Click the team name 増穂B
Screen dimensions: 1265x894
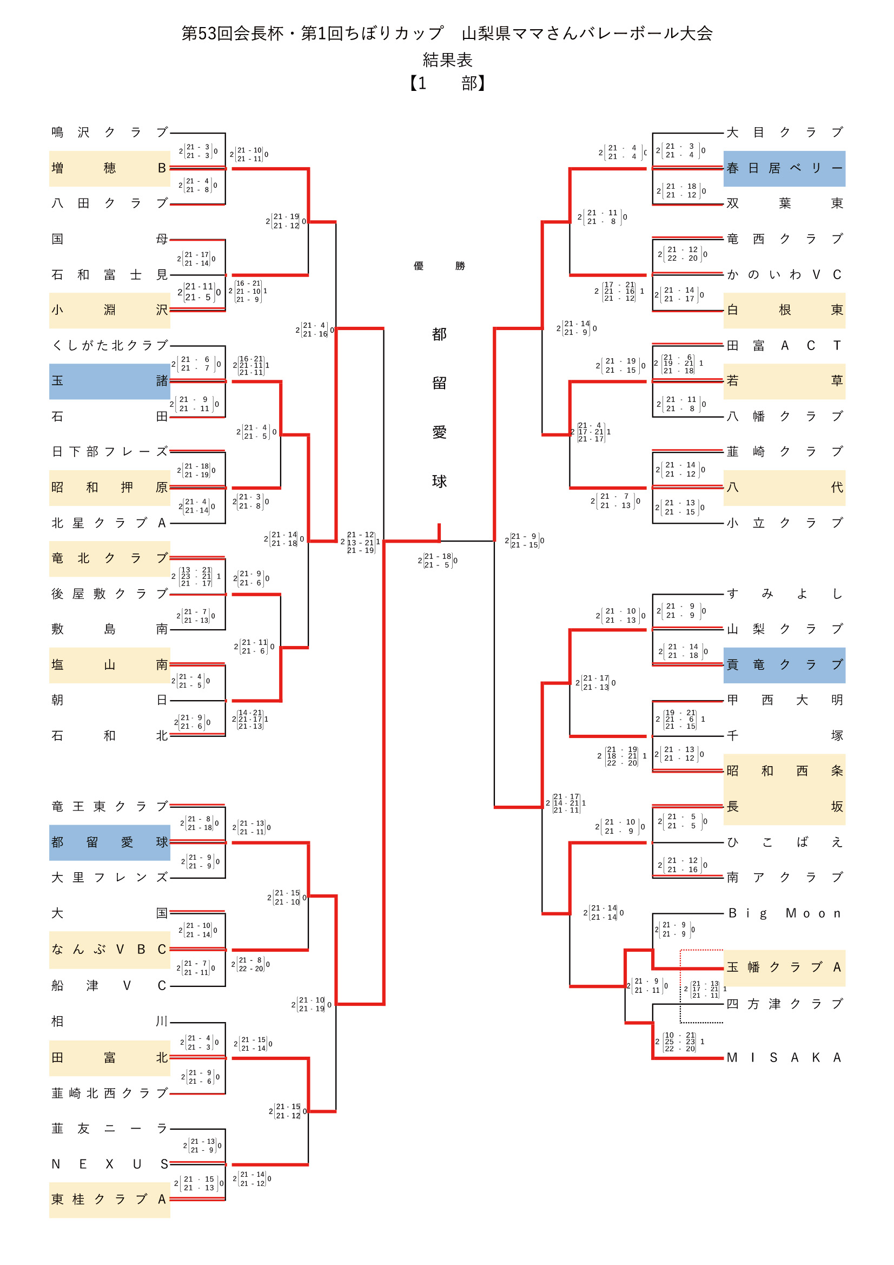click(109, 168)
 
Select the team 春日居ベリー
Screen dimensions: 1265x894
click(784, 168)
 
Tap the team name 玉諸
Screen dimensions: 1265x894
click(109, 381)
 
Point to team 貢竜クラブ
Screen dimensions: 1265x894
click(784, 664)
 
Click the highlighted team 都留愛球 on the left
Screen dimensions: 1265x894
click(109, 842)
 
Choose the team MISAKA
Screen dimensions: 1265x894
click(784, 1057)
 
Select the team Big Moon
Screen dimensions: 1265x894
click(784, 913)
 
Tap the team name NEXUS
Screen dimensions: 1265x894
click(109, 1164)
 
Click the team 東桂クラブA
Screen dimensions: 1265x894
click(109, 1199)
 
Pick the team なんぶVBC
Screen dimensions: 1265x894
click(109, 949)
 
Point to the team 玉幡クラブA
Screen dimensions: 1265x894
click(784, 967)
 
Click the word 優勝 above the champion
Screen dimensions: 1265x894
click(439, 266)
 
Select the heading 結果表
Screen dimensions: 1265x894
click(447, 60)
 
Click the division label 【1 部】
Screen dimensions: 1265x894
click(447, 83)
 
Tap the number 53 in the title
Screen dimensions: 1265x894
click(207, 34)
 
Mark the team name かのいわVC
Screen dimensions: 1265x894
click(784, 274)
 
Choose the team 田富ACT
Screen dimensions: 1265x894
click(784, 345)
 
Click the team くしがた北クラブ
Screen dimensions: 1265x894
click(109, 345)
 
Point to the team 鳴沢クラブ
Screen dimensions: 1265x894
click(109, 132)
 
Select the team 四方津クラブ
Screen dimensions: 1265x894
click(784, 1003)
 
